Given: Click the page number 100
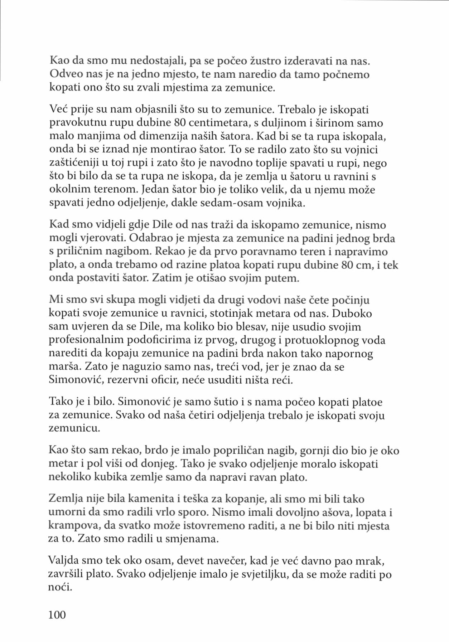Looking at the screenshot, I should point(57,614).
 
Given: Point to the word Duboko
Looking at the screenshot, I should point(352,313).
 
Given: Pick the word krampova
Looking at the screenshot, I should point(74,526).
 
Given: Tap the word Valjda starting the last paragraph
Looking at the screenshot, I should point(62,561).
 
